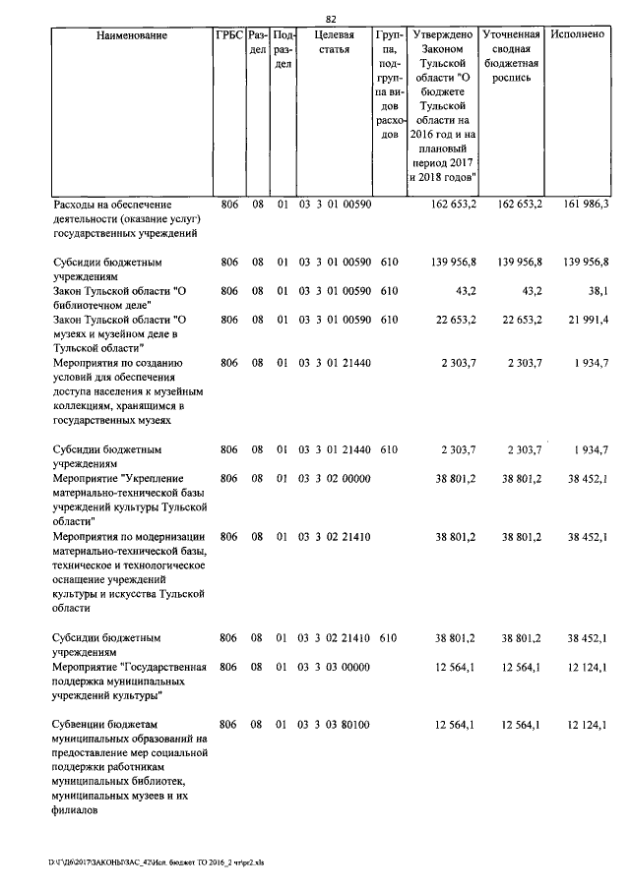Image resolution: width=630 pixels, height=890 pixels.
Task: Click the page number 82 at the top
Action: pyautogui.click(x=331, y=19)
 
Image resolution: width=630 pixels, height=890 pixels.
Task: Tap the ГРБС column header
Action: pyautogui.click(x=229, y=35)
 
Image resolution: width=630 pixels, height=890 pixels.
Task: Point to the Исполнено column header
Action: pyautogui.click(x=579, y=35)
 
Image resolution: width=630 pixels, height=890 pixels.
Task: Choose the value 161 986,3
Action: pyautogui.click(x=588, y=204)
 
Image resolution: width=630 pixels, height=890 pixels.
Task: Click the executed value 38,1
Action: pyautogui.click(x=598, y=291)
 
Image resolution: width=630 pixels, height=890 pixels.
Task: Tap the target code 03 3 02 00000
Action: pyautogui.click(x=335, y=479)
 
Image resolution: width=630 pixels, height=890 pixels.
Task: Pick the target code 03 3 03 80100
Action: pyautogui.click(x=335, y=725)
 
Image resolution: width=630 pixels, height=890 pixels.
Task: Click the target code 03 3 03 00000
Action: pyautogui.click(x=335, y=668)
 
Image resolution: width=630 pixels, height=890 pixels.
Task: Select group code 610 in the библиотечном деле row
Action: pyautogui.click(x=389, y=291)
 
